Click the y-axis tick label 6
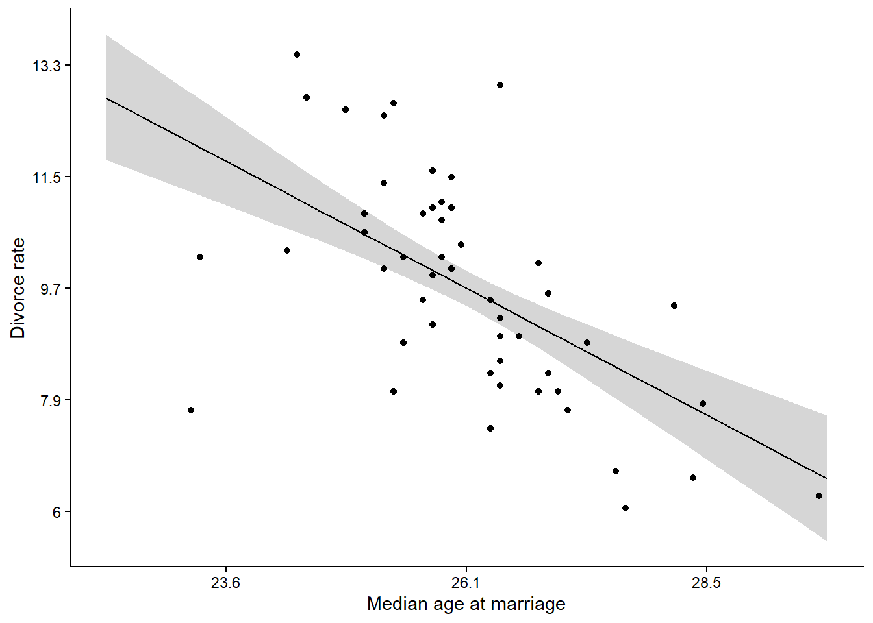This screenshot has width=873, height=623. (57, 512)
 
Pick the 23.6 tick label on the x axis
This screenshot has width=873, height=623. (225, 583)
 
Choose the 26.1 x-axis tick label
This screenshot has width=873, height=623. (466, 583)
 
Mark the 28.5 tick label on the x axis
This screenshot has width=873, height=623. (706, 583)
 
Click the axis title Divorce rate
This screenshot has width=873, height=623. (18, 288)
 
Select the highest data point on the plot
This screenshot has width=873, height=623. (297, 55)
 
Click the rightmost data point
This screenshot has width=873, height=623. (819, 496)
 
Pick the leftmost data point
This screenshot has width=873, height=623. (191, 410)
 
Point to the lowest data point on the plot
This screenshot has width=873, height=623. (626, 508)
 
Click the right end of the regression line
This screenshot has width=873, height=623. (826, 478)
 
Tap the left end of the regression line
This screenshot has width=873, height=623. (106, 98)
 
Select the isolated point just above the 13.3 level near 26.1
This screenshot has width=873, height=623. (500, 85)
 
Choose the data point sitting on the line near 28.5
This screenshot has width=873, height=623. (703, 404)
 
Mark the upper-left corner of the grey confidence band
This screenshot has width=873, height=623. (107, 35)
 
